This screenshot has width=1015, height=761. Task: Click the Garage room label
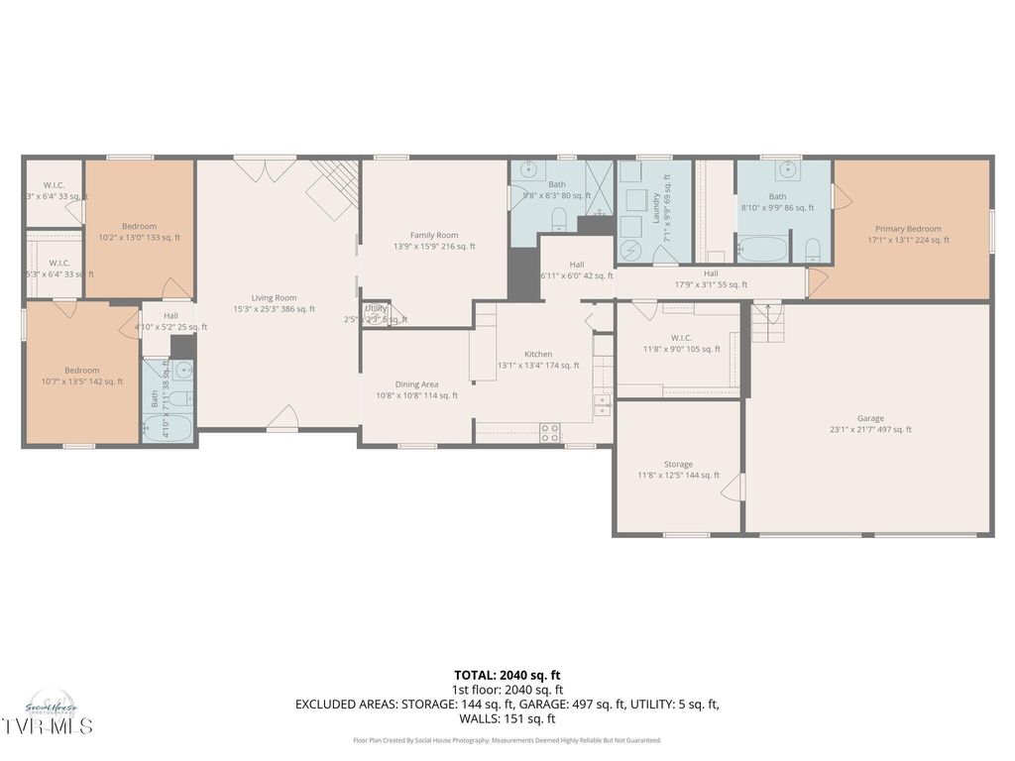[870, 423]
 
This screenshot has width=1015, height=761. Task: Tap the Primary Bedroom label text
[908, 234]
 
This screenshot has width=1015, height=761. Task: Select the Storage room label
[679, 470]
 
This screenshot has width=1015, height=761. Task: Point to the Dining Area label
[416, 389]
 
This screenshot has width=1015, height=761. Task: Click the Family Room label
[434, 241]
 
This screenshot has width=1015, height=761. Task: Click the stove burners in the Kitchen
[549, 432]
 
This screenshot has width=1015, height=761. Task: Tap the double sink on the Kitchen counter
[602, 404]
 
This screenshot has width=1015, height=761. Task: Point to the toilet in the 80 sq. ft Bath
[559, 218]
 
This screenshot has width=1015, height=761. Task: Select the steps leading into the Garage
[766, 323]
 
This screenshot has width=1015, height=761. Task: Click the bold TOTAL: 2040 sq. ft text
[507, 675]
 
